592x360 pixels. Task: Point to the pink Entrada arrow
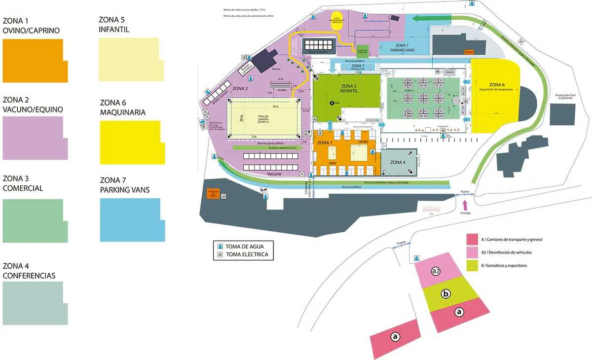tap(464, 204)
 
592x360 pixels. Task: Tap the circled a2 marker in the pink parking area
tap(435, 271)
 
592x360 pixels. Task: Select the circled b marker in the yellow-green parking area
tap(446, 294)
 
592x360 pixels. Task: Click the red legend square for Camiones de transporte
tap(472, 239)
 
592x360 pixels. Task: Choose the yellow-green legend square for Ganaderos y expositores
tap(472, 266)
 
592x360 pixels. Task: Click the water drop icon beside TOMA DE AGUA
tap(220, 246)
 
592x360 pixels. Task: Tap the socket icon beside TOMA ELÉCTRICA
tap(220, 254)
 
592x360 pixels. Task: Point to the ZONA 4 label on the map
tap(398, 162)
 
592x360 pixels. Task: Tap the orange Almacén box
tap(469, 51)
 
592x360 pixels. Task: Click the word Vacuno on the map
tap(274, 174)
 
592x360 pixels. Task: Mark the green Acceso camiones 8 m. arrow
tap(269, 147)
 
